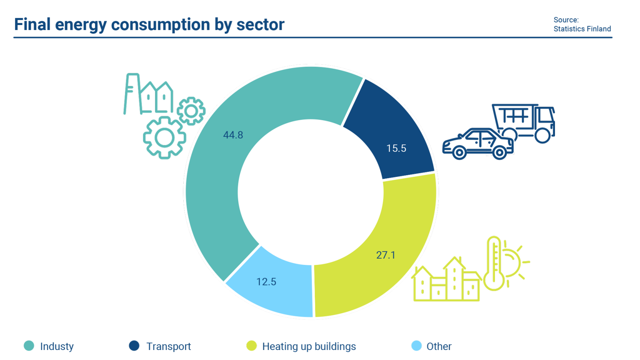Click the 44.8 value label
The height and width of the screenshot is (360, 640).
point(233,135)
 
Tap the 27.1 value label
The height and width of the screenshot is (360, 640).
point(385,255)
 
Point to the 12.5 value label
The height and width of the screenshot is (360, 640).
point(266,282)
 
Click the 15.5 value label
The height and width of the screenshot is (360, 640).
point(396,148)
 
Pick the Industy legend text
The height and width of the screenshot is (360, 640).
point(57,346)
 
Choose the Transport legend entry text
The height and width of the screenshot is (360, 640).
point(168,346)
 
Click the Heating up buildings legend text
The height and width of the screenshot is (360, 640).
point(309,346)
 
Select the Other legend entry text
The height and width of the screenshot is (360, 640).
point(439,346)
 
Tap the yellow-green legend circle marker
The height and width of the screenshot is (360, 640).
point(252,346)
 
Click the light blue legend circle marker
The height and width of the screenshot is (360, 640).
point(416,346)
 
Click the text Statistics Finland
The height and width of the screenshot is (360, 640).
point(582,29)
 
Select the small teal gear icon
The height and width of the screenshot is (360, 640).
point(191,111)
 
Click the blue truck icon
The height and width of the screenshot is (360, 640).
point(525,122)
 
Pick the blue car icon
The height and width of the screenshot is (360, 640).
point(477,144)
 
